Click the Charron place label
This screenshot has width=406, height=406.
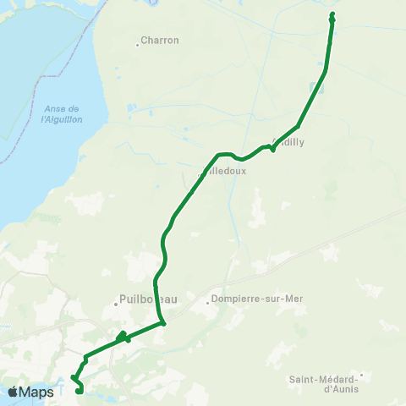pyautogui.click(x=160, y=40)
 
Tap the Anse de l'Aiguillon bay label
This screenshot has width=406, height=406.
pyautogui.click(x=59, y=114)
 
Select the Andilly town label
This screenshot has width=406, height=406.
pyautogui.click(x=290, y=142)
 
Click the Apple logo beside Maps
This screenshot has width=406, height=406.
pyautogui.click(x=14, y=392)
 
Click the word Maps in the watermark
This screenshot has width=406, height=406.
pyautogui.click(x=37, y=392)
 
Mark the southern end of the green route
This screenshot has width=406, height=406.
pyautogui.click(x=78, y=391)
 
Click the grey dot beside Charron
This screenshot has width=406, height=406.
pyautogui.click(x=138, y=44)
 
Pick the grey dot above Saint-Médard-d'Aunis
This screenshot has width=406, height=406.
pyautogui.click(x=361, y=375)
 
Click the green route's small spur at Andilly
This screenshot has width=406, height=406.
pyautogui.click(x=272, y=150)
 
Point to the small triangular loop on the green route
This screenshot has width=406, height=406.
pyautogui.click(x=123, y=336)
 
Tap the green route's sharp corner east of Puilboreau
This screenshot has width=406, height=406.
pyautogui.click(x=162, y=322)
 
